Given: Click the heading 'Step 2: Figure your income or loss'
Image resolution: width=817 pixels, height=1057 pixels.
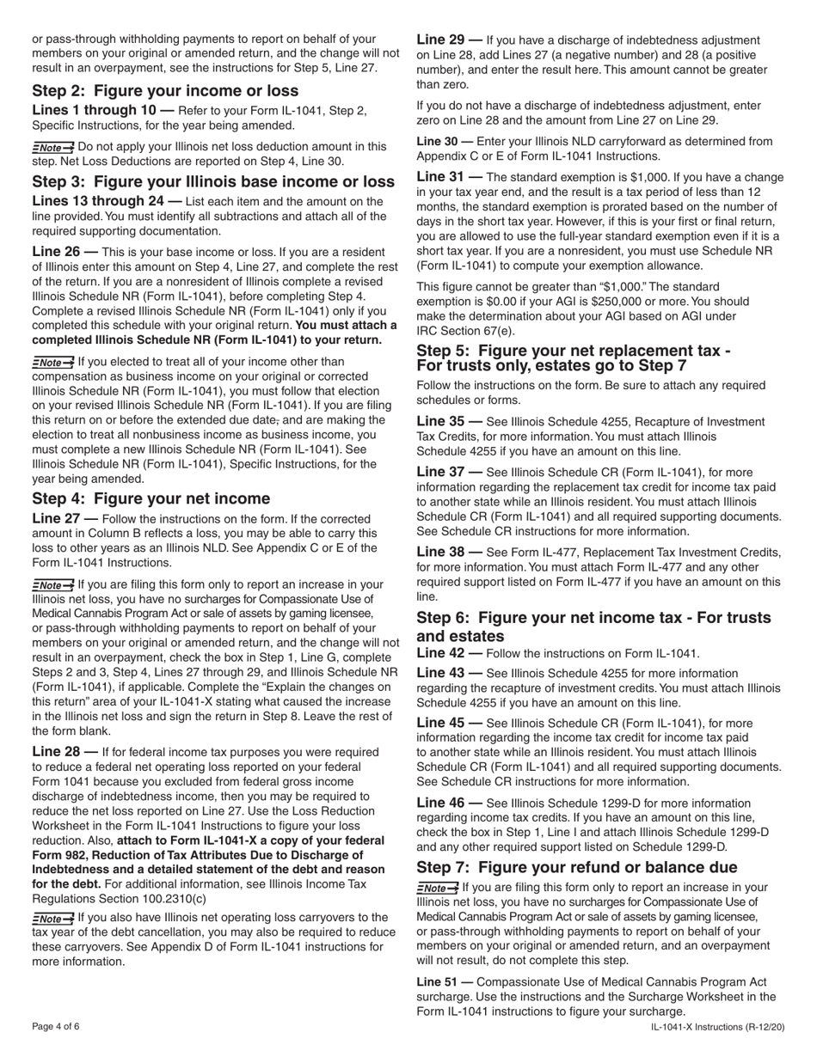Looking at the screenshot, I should point(165,91).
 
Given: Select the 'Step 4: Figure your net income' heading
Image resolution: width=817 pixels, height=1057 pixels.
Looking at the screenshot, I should point(150,499).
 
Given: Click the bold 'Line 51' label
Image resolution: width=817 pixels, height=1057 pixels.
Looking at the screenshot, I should point(445,981).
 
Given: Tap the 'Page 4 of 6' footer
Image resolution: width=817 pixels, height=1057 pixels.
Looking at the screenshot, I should point(57,1026).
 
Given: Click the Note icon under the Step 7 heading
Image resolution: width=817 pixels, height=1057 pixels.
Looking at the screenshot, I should point(437,888).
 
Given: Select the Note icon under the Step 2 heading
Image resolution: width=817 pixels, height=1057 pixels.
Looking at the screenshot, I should point(52,147).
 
